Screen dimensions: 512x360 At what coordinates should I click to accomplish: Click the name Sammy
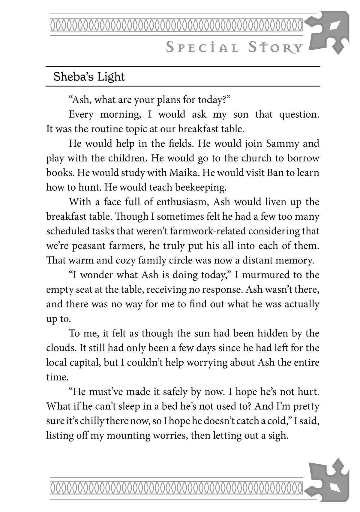pyautogui.click(x=283, y=144)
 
